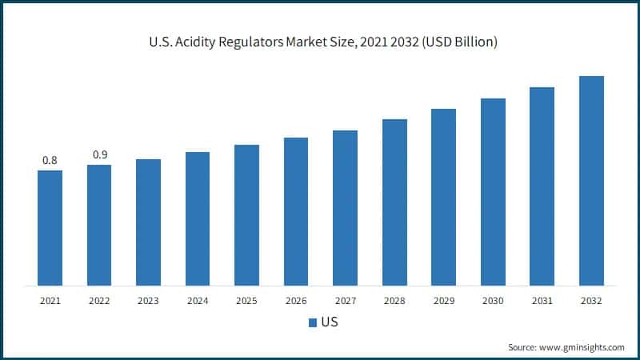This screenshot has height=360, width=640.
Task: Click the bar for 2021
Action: coord(50,228)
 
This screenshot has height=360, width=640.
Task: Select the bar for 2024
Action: coord(198,218)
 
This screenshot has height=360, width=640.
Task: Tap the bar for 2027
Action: coord(345,208)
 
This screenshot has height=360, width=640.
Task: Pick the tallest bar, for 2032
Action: coord(591,181)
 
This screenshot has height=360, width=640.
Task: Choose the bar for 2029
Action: coord(443,197)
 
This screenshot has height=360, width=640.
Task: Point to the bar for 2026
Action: coord(296,211)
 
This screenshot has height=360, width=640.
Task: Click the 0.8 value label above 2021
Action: coord(50,161)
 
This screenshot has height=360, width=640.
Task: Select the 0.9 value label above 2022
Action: coord(99,155)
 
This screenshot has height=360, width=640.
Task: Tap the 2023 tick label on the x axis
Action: coord(148,301)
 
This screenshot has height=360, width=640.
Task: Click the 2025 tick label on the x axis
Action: coord(246,301)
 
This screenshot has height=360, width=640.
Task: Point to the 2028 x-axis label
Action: coord(394,301)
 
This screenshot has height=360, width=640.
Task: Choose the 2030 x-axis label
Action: coord(493,301)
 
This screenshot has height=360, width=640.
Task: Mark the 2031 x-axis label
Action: coord(542,301)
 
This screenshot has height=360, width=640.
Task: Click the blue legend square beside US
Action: coord(313,323)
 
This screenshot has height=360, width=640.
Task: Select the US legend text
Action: coord(329,323)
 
